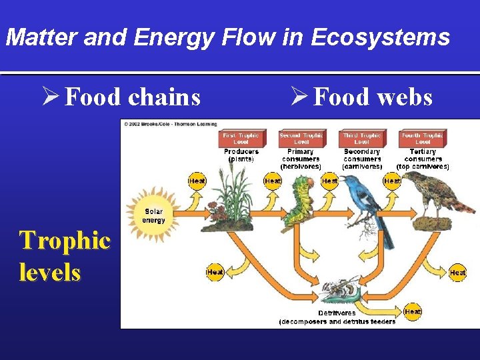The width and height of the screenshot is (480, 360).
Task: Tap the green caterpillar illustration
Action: (x=299, y=199)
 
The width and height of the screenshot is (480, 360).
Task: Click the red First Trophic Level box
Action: (x=240, y=139)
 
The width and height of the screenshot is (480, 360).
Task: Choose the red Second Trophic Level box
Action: (x=301, y=139)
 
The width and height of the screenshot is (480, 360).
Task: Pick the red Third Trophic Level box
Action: (x=362, y=139)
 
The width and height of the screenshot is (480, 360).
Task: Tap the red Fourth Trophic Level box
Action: (x=423, y=139)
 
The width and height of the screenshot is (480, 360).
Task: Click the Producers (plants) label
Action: (x=241, y=155)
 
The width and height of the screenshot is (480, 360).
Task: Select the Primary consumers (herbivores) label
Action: (x=301, y=159)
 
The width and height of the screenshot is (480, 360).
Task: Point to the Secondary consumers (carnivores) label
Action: (x=362, y=159)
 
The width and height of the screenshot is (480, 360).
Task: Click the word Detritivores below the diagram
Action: (x=337, y=313)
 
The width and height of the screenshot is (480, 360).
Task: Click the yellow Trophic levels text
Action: (x=64, y=256)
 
